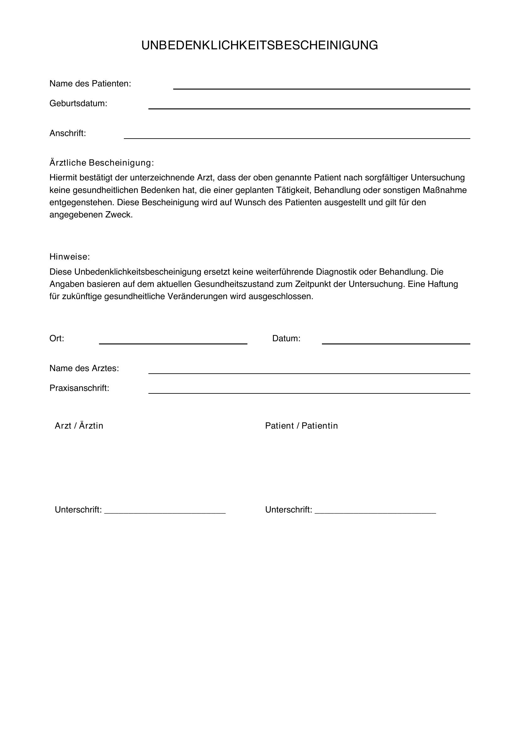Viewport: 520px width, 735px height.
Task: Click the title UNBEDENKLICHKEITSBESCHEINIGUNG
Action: [x=260, y=46]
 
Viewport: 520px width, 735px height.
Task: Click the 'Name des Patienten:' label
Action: [x=90, y=84]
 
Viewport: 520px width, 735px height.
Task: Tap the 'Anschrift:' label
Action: [x=68, y=133]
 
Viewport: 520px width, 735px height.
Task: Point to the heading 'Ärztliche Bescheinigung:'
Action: [x=102, y=163]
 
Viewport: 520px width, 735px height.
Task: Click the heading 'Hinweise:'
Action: [x=69, y=256]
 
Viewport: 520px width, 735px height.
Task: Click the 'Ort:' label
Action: [x=57, y=338]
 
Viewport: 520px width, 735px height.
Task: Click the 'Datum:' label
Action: [x=286, y=338]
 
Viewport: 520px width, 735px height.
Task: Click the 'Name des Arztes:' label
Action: [x=84, y=368]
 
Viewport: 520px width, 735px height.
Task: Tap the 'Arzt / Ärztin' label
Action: [x=79, y=425]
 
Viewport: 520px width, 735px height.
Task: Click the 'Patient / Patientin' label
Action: [x=301, y=425]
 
